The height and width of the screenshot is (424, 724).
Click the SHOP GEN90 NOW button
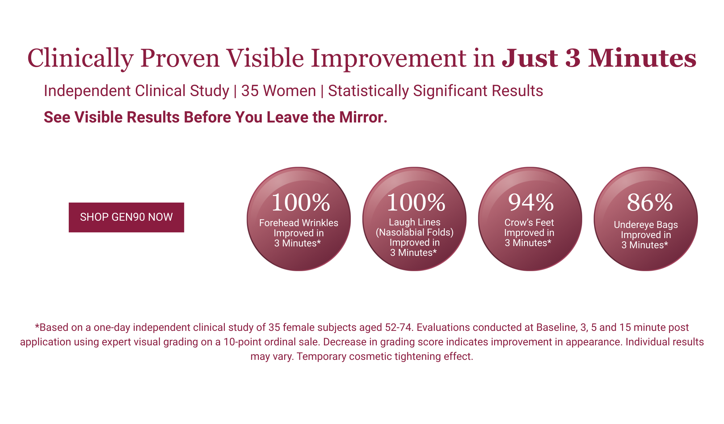click(126, 217)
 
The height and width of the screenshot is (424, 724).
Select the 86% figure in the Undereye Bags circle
click(649, 203)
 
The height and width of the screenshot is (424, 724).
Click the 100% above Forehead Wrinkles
click(300, 203)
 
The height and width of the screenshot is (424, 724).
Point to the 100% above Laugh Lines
click(416, 203)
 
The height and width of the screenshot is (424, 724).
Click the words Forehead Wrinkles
click(299, 223)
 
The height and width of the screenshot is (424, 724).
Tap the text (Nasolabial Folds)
click(414, 232)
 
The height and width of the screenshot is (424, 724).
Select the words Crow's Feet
click(529, 223)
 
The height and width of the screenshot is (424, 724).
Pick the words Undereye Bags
click(646, 225)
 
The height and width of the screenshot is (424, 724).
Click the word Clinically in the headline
click(80, 59)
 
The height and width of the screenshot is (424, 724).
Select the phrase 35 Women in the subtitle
click(278, 91)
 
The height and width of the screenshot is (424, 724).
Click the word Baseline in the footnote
click(556, 328)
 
